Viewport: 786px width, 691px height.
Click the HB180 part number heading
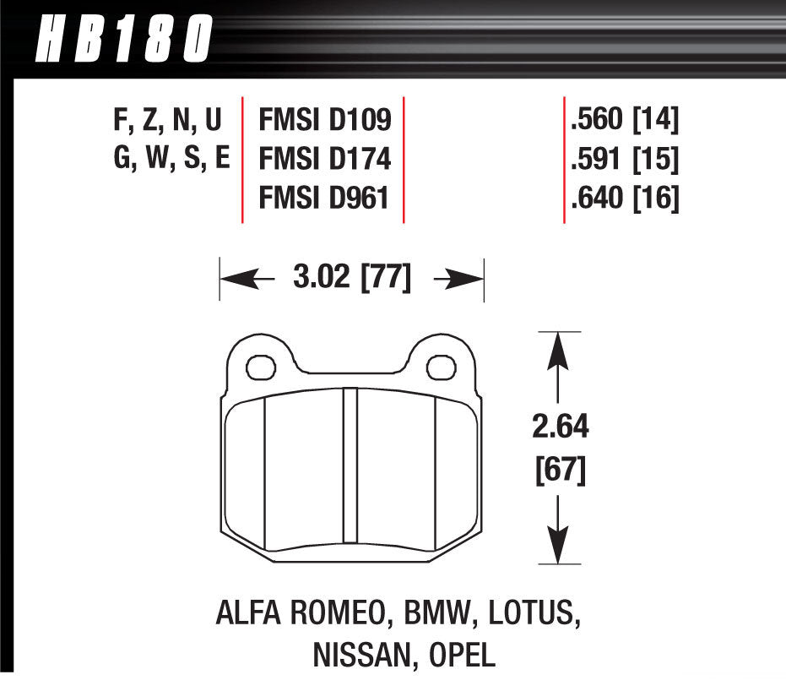123,37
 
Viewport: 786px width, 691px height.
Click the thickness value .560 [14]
625,121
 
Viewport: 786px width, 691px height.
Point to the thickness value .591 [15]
625,160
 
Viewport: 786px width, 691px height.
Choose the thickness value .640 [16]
625,199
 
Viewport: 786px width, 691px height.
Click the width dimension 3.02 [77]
352,278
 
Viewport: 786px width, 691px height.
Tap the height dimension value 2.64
560,427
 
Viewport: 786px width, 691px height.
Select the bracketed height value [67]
560,470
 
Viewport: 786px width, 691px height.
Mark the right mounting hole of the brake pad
439,367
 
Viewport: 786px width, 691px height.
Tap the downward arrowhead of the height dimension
559,544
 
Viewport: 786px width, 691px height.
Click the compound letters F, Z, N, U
167,121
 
